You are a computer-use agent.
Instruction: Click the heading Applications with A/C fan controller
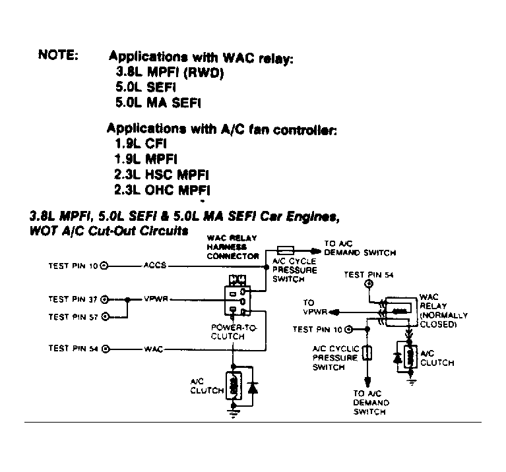(222, 129)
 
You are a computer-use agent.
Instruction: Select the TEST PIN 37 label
(73, 299)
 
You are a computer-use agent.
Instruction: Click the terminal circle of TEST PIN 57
(104, 317)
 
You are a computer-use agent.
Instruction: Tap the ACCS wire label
(155, 266)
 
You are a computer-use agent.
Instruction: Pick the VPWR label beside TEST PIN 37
(157, 299)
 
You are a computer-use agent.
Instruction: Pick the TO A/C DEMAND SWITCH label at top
(360, 248)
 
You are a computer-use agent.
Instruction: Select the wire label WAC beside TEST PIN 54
(153, 348)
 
